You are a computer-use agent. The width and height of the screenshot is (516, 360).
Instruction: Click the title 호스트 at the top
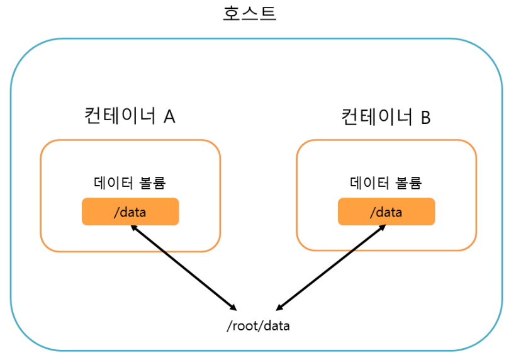[249, 13]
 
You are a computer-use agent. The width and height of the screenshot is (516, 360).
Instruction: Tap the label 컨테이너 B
[386, 116]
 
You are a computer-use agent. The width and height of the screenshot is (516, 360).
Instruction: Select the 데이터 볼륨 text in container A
[130, 183]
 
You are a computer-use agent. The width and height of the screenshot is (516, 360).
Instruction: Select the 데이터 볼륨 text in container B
[386, 183]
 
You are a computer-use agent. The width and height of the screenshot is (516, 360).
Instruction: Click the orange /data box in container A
[130, 211]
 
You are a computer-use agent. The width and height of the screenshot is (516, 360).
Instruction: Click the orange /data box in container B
[386, 211]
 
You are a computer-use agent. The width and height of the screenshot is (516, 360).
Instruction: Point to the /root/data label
[258, 325]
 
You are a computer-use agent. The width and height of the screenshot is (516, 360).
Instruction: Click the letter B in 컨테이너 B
[425, 117]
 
